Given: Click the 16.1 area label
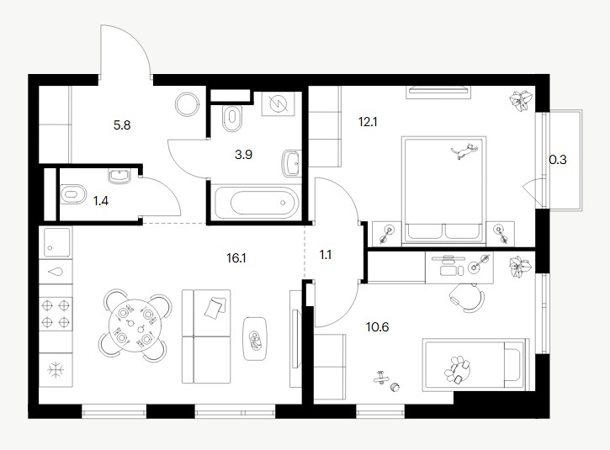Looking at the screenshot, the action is (x=236, y=258).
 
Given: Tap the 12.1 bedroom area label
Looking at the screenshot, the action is (x=368, y=122).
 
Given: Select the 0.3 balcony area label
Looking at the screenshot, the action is (x=558, y=160).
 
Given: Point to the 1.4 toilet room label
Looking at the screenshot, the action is (x=101, y=201).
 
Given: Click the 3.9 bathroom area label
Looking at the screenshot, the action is (x=243, y=155).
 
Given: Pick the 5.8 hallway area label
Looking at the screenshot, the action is (x=122, y=125).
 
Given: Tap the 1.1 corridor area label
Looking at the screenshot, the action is (x=326, y=255).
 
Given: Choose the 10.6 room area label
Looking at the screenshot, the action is (x=378, y=327).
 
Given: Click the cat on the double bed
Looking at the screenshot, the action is (x=464, y=151).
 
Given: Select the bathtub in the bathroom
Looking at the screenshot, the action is (x=257, y=203).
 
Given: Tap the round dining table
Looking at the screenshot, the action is (x=135, y=326).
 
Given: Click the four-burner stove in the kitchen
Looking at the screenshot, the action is (x=56, y=315).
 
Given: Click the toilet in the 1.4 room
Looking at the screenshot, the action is (x=72, y=194).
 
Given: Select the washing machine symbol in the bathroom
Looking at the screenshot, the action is (x=277, y=103).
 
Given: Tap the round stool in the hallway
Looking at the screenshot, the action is (x=188, y=104).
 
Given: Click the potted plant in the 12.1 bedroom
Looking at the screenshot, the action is (x=521, y=100).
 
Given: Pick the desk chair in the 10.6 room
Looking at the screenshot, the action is (x=467, y=297).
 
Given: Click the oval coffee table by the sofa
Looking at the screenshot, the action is (x=255, y=339).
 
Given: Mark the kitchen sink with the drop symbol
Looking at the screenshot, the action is (x=56, y=271).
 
